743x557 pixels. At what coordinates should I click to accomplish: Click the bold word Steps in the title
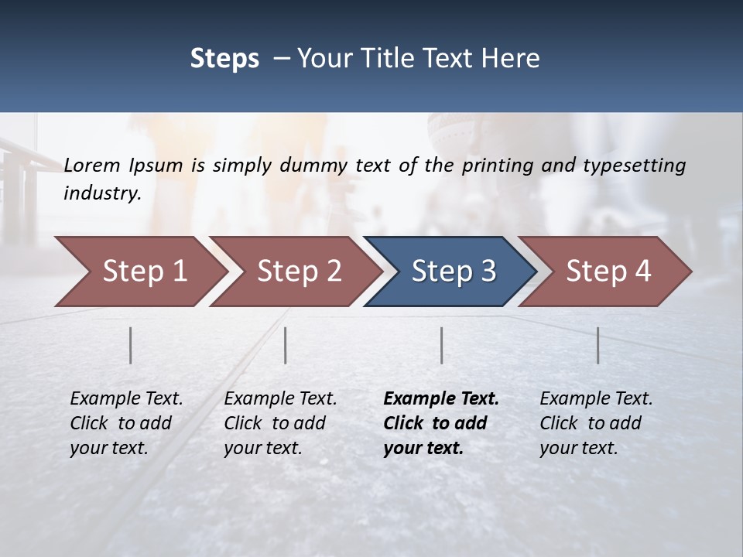224,59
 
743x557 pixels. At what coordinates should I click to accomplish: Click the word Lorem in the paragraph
92,165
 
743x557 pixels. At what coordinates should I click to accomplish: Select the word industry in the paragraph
102,193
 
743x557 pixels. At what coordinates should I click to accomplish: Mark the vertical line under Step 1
131,345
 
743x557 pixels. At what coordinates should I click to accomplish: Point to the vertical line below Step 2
286,345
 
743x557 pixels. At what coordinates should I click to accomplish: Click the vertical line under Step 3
442,345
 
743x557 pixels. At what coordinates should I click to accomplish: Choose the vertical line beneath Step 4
598,345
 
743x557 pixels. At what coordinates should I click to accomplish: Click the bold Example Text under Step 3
441,399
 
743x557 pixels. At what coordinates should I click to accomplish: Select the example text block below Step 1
126,423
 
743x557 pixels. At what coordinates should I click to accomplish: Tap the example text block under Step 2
280,423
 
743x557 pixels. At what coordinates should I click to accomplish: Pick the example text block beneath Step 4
596,423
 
